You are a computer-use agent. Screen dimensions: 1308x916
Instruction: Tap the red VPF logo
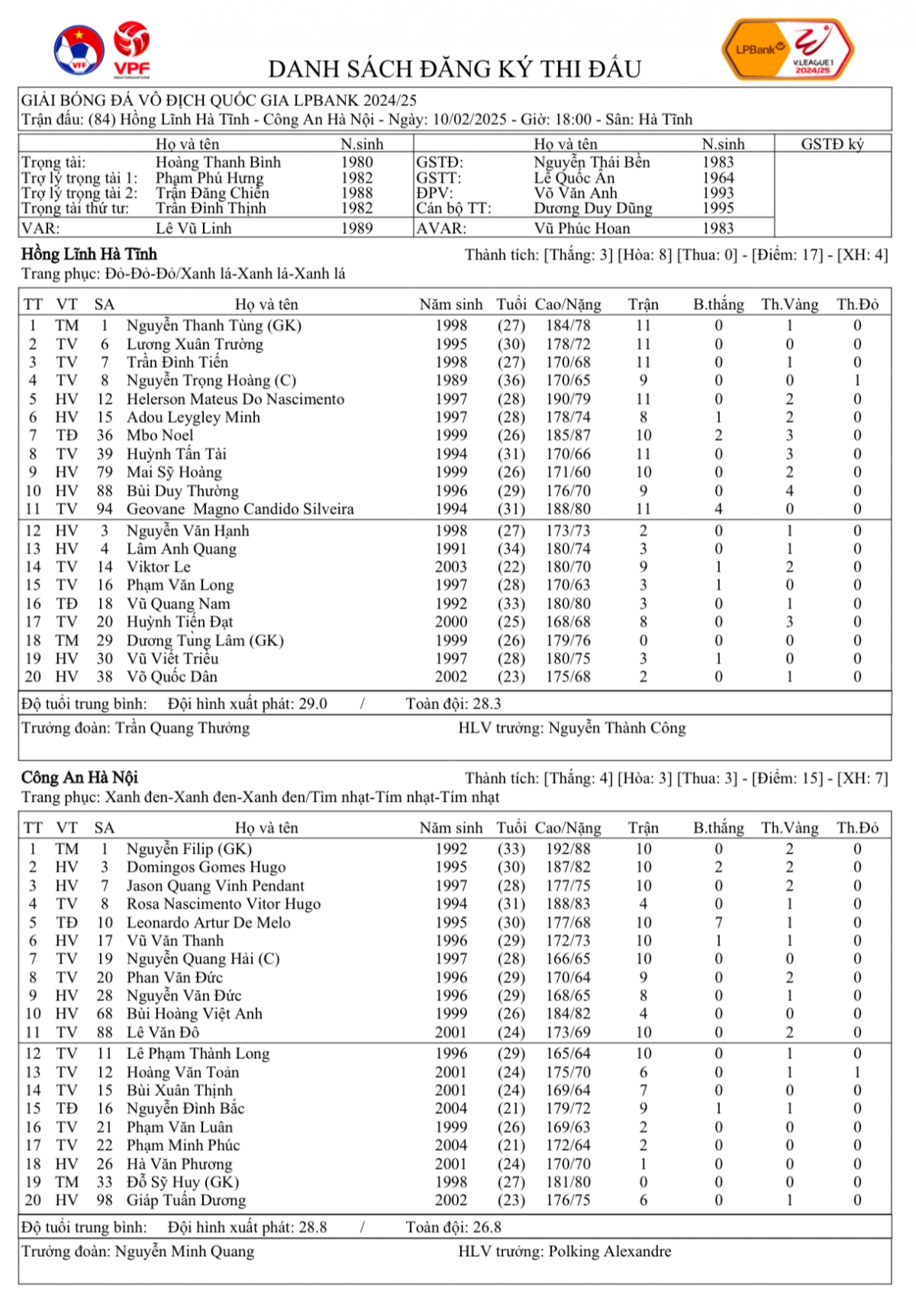point(131,49)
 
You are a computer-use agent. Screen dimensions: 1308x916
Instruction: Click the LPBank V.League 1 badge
point(787,50)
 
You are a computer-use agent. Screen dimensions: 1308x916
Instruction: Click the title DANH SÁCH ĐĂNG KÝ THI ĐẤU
point(454,69)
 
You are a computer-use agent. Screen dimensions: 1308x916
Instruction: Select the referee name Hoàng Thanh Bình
point(218,163)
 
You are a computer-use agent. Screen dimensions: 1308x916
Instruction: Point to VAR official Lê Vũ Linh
point(193,228)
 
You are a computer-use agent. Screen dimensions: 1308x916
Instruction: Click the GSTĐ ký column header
point(832,144)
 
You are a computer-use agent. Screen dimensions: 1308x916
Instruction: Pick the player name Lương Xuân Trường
point(195,344)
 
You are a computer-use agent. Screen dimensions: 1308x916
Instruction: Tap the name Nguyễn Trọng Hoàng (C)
point(211,381)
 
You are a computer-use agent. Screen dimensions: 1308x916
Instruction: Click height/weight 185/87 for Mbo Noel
point(568,436)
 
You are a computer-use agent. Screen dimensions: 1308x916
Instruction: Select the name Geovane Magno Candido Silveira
point(240,509)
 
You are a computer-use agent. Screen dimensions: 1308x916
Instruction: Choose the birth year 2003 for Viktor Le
point(451,567)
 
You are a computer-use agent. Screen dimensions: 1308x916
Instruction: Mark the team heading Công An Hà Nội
point(79,778)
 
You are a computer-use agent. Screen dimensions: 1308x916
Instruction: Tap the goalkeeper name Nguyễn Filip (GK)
point(189,849)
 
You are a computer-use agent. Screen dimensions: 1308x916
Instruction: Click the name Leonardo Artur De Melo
point(208,922)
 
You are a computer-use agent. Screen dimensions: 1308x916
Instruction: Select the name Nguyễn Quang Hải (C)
point(203,959)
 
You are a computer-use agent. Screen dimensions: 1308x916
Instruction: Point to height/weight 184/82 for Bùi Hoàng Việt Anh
point(568,1014)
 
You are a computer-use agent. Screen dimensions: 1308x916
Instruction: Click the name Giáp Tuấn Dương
point(186,1200)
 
